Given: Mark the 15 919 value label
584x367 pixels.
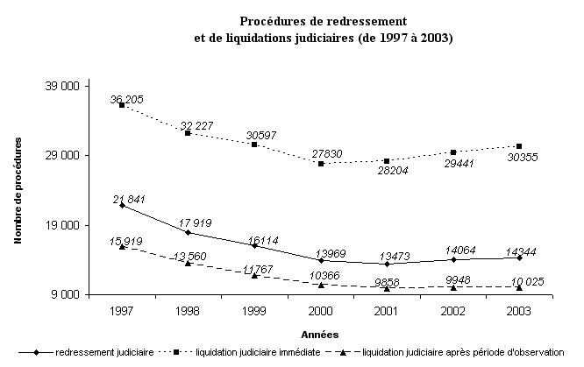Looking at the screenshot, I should pos(128,240).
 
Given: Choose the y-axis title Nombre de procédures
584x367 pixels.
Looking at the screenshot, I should pos(19,189).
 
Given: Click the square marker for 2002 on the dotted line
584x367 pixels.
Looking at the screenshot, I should pos(453,152).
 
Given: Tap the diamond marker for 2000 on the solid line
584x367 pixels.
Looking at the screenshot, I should pos(320,260).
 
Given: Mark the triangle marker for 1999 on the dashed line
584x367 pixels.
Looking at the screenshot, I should pos(253,276).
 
